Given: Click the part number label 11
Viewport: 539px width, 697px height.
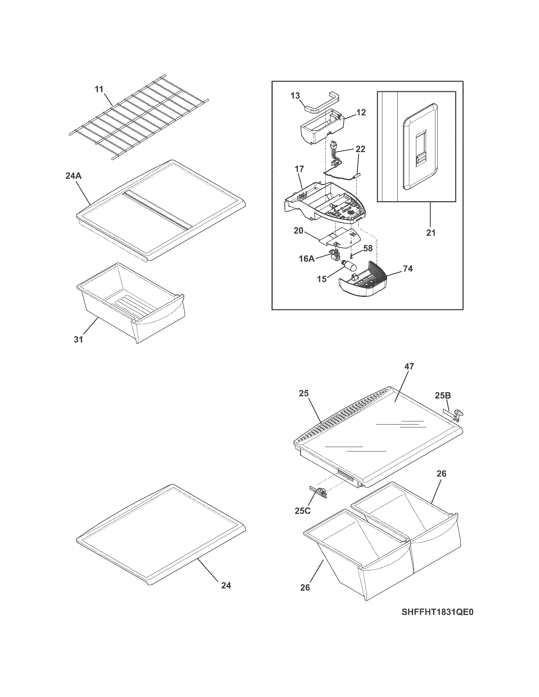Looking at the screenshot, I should point(99,89).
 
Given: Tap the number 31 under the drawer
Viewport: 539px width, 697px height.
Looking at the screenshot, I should point(79,339).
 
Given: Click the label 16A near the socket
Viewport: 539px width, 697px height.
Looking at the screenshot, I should point(307,259).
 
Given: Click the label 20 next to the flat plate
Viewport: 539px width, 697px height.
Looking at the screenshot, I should point(299,230).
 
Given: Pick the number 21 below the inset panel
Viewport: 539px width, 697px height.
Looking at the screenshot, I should point(431,233).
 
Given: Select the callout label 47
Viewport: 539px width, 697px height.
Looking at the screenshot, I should point(409,366).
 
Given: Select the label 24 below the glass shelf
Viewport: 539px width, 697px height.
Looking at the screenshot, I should point(226,585).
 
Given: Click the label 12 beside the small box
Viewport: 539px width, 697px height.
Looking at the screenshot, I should point(361,112).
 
